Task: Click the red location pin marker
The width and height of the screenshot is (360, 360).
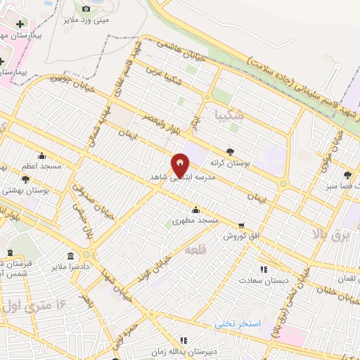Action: point(181,166)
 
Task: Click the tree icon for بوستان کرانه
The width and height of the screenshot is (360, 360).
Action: point(231,150)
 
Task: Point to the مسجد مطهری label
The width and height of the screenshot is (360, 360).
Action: point(199,221)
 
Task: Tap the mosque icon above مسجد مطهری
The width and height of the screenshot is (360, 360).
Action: point(195,210)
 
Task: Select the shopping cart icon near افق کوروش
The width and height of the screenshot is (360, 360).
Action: point(242,226)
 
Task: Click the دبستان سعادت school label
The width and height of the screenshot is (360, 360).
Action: point(264,280)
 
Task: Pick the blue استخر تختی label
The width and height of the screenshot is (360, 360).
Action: point(238,323)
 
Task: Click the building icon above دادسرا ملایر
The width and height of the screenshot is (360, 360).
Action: point(70,255)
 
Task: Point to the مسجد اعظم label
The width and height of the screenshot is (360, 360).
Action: point(41,167)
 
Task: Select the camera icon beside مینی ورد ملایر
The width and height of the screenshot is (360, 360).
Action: point(86,9)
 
